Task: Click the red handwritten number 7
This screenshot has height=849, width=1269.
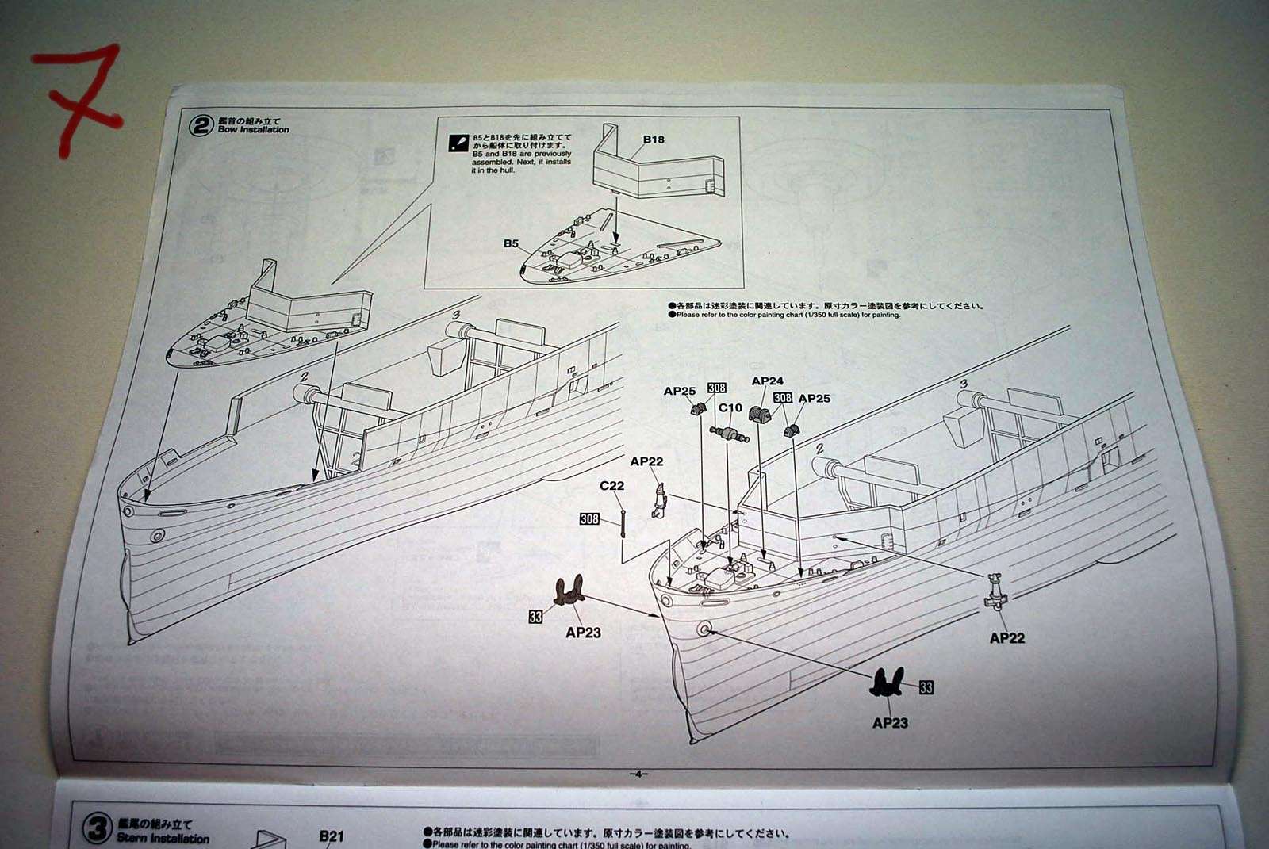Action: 79,95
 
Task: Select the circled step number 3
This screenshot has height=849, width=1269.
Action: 98,830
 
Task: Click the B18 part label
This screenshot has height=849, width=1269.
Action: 654,140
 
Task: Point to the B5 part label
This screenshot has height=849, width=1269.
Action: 511,243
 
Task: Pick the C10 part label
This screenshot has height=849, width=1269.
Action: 730,408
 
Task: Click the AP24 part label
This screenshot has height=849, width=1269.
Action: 767,381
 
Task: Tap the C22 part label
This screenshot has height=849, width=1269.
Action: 611,486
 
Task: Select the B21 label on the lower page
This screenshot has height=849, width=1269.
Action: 332,836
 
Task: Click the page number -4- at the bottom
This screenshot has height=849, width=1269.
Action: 638,774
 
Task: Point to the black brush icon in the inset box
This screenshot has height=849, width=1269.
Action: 458,143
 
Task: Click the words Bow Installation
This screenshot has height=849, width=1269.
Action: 254,130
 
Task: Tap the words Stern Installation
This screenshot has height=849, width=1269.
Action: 163,838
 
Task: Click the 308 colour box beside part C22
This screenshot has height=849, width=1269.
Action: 589,518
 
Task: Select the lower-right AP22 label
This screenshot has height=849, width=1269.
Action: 1006,638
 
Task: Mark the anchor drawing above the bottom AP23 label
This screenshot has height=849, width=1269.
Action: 887,683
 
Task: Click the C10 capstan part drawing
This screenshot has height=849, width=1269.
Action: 730,434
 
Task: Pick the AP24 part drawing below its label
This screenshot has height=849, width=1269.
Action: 760,415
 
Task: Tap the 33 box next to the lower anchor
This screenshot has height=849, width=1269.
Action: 926,687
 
